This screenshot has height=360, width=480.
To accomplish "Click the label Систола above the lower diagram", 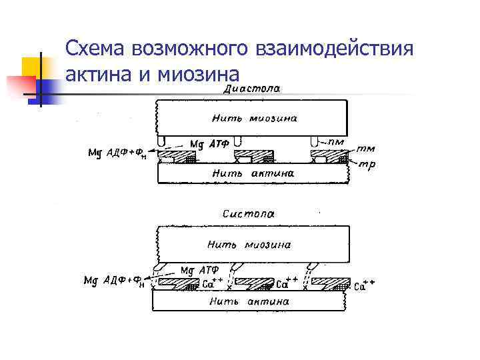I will pyautogui.click(x=249, y=214).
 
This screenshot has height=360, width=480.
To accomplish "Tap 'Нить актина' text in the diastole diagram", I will pyautogui.click(x=253, y=173).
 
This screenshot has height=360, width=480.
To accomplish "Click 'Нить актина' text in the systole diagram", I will pyautogui.click(x=249, y=301).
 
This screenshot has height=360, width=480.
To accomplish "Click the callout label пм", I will pyautogui.click(x=345, y=142).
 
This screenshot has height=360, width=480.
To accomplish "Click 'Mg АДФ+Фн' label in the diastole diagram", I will pyautogui.click(x=117, y=155).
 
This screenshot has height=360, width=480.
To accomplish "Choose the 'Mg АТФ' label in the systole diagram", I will pyautogui.click(x=199, y=271).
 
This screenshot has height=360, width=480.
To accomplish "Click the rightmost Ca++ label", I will pyautogui.click(x=365, y=285).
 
